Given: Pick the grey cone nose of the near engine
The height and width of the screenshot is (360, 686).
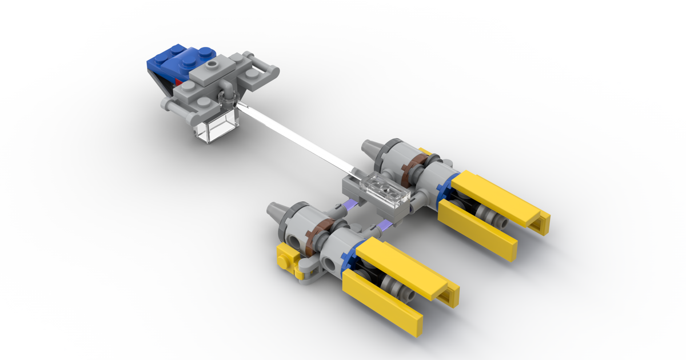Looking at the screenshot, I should [277, 213].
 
